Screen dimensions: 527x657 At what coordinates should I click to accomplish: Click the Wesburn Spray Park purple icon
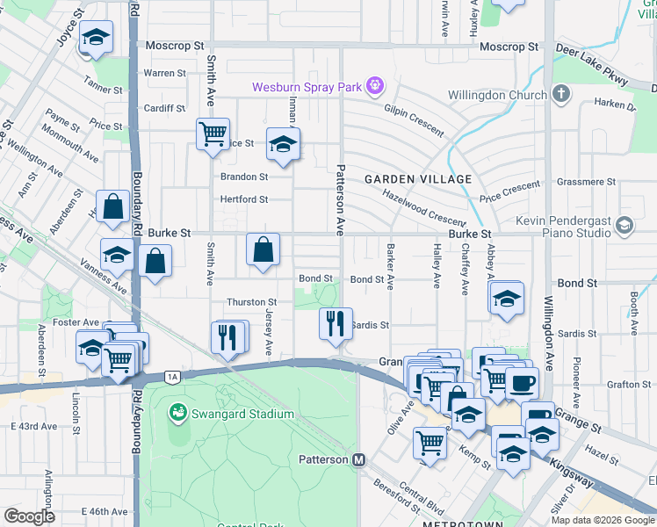coord(375,86)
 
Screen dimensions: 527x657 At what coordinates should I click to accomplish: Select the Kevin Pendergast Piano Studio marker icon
coord(625,225)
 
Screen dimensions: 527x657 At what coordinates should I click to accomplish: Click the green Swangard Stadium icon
coord(177,411)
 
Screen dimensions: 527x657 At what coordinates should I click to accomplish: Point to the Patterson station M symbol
coord(358,459)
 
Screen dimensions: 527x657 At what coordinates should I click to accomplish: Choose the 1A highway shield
coord(173,377)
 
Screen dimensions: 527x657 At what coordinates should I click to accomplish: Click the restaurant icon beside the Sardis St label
coord(336,324)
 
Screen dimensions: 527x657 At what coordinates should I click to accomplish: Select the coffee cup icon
coord(522,382)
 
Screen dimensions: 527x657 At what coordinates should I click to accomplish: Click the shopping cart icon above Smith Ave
coord(213,134)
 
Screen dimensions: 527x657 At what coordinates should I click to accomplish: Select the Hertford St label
coord(244,199)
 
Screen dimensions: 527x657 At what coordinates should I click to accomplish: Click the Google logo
coord(29,516)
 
